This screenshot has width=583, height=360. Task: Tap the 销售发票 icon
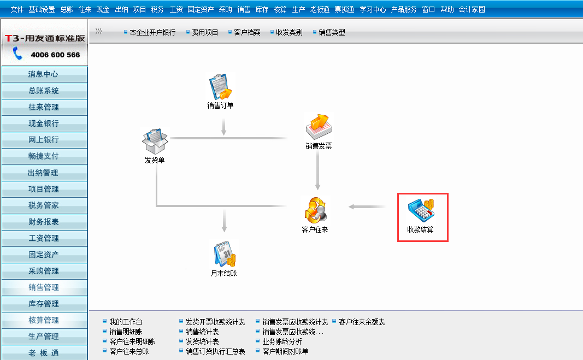click(x=319, y=127)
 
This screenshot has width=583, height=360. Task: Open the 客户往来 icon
click(x=315, y=210)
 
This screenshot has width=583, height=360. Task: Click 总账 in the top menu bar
click(x=67, y=9)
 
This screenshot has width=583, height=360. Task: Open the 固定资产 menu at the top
click(x=201, y=9)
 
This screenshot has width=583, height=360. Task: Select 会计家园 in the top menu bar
click(x=472, y=9)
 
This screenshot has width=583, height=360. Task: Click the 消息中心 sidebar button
click(x=44, y=74)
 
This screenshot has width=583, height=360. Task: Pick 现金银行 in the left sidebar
click(x=44, y=123)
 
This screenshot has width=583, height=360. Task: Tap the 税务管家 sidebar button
click(x=44, y=205)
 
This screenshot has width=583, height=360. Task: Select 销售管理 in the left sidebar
click(x=44, y=287)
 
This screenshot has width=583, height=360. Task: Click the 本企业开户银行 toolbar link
click(x=152, y=33)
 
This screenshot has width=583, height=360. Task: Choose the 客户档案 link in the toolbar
click(x=247, y=33)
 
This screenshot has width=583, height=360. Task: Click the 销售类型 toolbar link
click(x=332, y=33)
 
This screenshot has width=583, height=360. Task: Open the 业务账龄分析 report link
click(x=282, y=341)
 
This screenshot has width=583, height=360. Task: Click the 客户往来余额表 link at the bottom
click(x=362, y=322)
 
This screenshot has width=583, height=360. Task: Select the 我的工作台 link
click(x=126, y=322)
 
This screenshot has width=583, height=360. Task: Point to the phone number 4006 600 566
click(x=55, y=55)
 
